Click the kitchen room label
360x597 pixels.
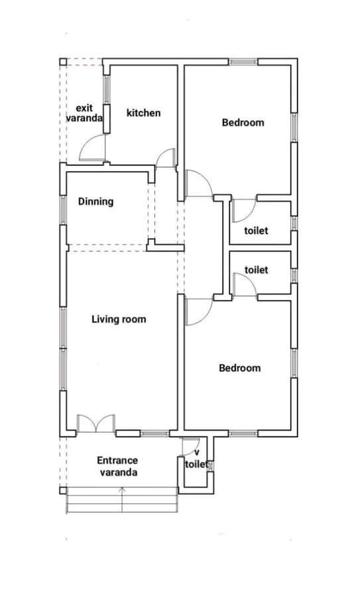(143, 113)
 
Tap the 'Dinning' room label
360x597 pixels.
(96, 202)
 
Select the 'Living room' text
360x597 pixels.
(119, 319)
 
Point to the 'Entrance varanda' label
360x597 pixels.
(117, 466)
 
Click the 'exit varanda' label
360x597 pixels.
(84, 113)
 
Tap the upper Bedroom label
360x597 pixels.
(243, 123)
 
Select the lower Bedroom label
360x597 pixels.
(240, 368)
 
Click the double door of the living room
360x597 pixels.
(96, 423)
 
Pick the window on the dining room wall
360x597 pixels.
(63, 210)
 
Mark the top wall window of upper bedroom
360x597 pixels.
(243, 61)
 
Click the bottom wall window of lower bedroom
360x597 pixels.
(243, 433)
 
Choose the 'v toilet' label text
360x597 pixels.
(197, 459)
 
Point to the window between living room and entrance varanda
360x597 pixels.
(154, 433)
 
